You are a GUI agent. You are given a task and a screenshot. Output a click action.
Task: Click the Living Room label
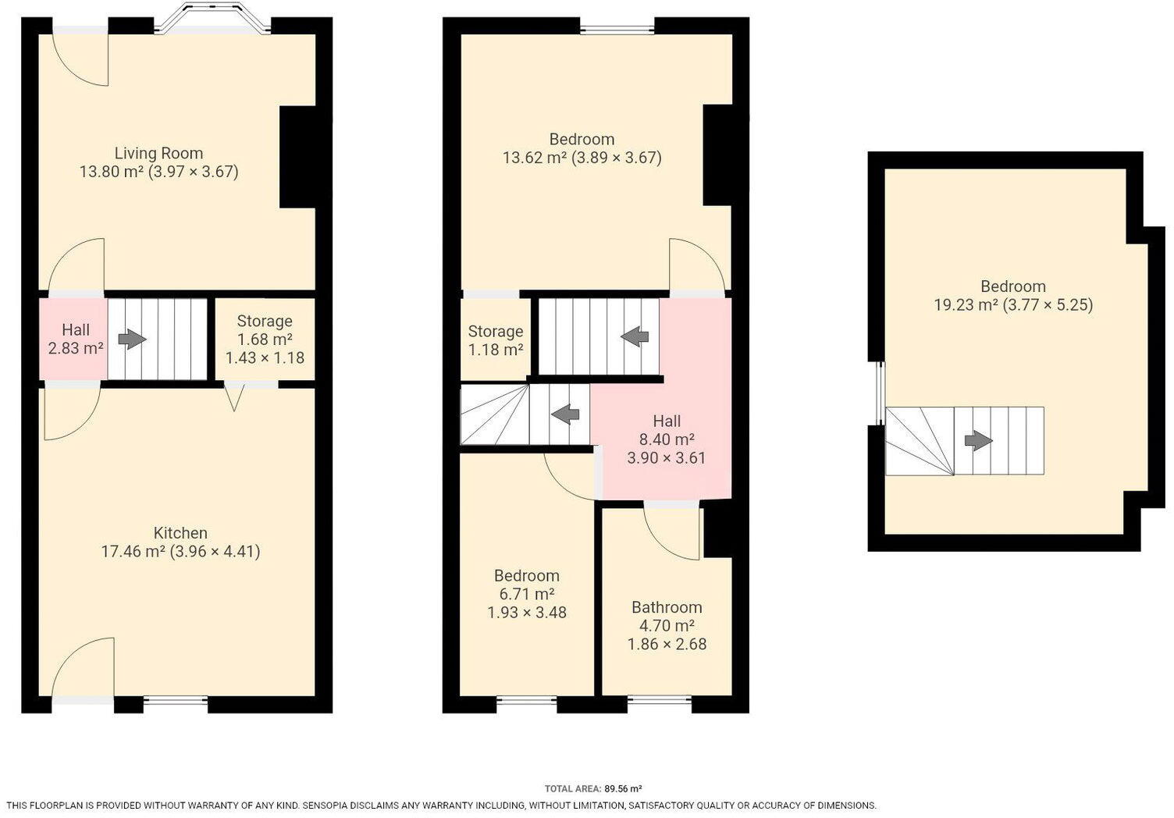click(158, 154)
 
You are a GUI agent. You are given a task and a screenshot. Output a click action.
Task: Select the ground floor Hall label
click(76, 330)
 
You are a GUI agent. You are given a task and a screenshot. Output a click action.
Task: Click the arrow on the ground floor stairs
click(132, 340)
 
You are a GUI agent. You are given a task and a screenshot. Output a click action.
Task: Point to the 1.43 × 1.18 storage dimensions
click(265, 358)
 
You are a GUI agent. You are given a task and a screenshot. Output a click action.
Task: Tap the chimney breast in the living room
click(297, 157)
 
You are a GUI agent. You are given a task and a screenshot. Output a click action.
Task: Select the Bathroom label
click(667, 607)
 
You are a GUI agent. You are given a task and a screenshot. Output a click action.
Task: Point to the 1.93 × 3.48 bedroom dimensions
click(527, 613)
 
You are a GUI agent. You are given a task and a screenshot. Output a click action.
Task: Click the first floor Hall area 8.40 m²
click(667, 439)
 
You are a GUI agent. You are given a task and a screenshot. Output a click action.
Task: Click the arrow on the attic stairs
click(978, 441)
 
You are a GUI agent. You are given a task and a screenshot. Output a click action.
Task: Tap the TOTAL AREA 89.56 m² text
click(593, 789)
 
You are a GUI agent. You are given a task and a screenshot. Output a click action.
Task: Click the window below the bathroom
click(660, 700)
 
